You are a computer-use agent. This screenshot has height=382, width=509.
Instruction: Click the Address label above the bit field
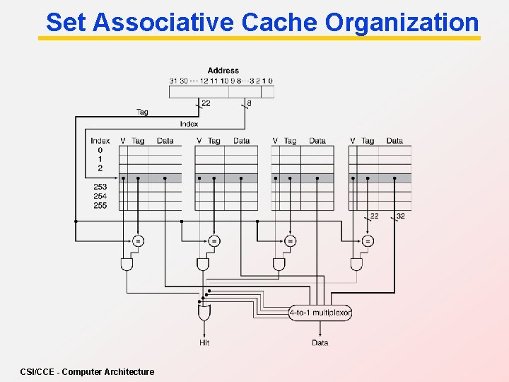[223, 70]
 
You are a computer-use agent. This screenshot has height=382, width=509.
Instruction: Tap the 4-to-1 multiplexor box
[320, 312]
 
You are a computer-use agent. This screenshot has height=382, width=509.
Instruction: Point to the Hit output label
[204, 342]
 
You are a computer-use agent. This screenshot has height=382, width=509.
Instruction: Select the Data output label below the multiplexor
[320, 342]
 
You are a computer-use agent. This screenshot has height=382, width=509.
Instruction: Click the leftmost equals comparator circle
[138, 241]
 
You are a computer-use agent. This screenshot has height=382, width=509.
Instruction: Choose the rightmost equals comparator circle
[367, 241]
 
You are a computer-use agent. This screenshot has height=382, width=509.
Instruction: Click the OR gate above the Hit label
[204, 311]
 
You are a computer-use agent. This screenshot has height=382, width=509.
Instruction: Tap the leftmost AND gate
[127, 264]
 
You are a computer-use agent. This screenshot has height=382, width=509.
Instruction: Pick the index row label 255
[100, 205]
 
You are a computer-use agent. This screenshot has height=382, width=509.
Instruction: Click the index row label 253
[100, 187]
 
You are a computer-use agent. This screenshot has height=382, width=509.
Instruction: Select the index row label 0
[100, 150]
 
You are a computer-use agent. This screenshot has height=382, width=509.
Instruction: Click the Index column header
[100, 141]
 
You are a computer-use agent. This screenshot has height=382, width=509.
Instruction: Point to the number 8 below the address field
[248, 103]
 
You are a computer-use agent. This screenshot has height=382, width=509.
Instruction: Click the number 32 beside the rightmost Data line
[400, 216]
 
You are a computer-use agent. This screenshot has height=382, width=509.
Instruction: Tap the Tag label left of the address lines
[142, 112]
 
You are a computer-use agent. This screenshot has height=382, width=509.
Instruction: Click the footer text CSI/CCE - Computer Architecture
[87, 371]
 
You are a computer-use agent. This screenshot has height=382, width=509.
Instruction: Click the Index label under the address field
[189, 124]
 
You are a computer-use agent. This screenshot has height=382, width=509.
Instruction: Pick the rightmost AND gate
[356, 264]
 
